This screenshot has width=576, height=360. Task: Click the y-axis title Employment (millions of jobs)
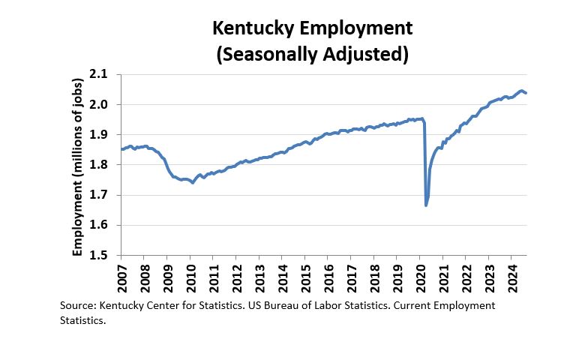pyautogui.click(x=77, y=165)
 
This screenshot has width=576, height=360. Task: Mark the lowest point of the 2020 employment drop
pyautogui.click(x=426, y=205)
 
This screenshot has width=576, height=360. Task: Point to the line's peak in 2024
pyautogui.click(x=521, y=91)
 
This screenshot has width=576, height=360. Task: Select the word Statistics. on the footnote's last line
pyautogui.click(x=82, y=320)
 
